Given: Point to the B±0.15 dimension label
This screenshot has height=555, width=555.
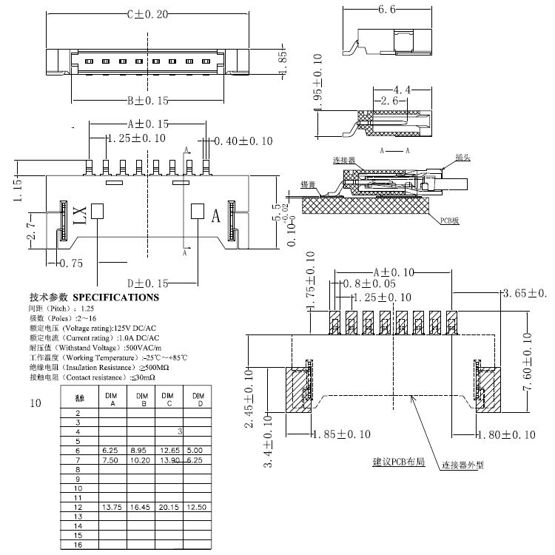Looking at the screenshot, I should (146, 100).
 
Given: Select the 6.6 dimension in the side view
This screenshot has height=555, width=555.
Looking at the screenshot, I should (388, 10).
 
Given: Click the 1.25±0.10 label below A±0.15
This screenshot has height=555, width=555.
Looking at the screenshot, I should (136, 138).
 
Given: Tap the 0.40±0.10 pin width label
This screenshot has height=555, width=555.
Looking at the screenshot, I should (243, 141).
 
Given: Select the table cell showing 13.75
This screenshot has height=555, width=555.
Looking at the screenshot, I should (112, 507).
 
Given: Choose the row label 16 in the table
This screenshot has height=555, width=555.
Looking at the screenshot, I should (78, 544).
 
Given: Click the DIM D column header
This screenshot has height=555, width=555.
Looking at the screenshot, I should (196, 400).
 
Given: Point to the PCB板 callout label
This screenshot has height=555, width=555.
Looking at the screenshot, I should (450, 221).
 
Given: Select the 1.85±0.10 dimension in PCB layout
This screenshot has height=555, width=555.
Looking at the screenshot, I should (340, 434).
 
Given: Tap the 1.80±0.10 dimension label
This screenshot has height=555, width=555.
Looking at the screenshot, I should (505, 434).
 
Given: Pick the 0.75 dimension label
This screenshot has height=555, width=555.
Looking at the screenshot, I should (72, 263).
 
